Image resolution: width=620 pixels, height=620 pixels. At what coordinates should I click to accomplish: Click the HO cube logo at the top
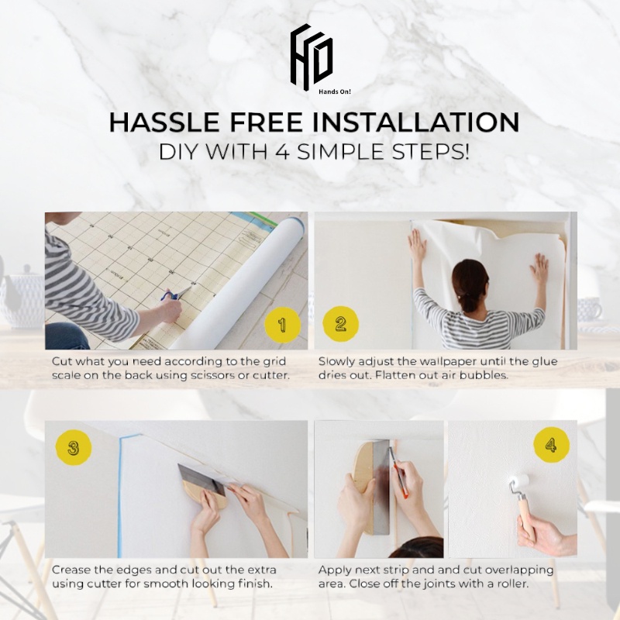(x=312, y=57)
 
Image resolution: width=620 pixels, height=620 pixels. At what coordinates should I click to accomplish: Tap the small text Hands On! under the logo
(x=335, y=91)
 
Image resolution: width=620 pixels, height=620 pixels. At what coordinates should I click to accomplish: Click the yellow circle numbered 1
(x=282, y=325)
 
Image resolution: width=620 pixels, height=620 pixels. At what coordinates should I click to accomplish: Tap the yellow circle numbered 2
(x=340, y=324)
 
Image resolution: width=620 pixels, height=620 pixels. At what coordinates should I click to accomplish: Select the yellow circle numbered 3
(x=74, y=448)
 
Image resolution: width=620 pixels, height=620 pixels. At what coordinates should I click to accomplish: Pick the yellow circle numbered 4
(x=551, y=445)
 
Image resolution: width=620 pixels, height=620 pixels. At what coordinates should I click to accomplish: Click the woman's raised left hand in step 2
(x=417, y=244)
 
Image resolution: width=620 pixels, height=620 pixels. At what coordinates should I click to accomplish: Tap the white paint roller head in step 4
(x=518, y=482)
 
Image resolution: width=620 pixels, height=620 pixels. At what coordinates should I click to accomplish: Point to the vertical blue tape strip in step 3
(x=119, y=496)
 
